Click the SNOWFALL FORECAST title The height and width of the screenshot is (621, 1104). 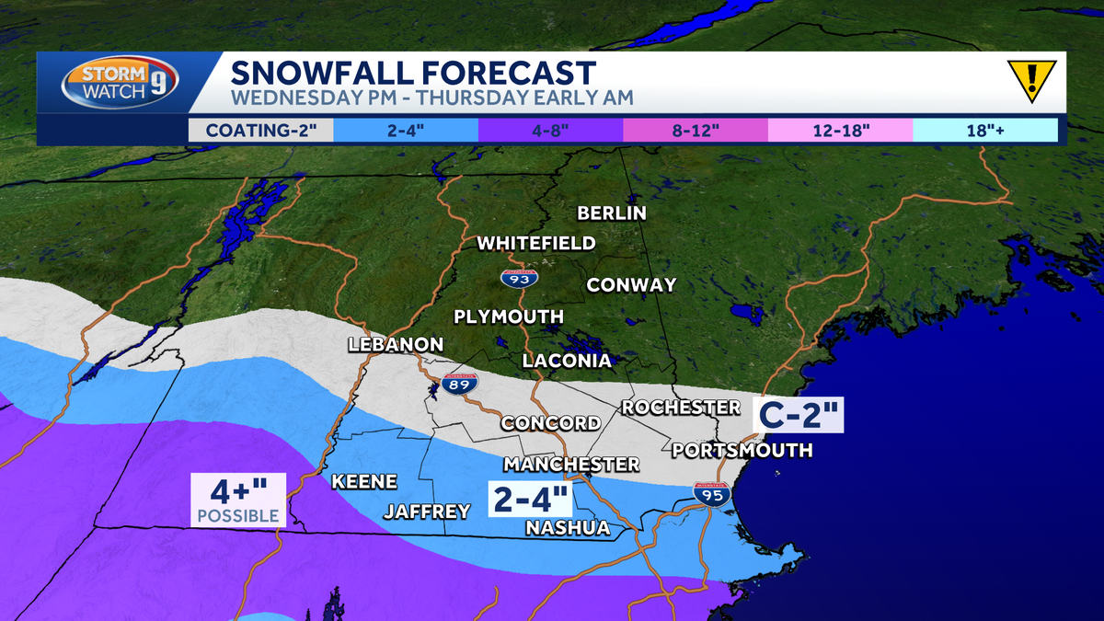click(413, 72)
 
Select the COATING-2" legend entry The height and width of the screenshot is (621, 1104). click(260, 130)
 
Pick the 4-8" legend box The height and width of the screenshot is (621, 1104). click(550, 130)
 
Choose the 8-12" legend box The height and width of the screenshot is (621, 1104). click(696, 130)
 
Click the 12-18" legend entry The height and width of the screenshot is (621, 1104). click(840, 130)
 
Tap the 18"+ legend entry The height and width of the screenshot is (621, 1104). click(985, 130)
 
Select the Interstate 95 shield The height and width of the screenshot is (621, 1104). click(712, 494)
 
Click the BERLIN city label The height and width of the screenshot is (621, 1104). click(612, 213)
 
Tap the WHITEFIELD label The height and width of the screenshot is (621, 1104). click(536, 244)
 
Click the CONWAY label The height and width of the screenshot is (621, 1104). click(631, 285)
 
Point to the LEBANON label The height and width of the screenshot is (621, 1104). click(396, 344)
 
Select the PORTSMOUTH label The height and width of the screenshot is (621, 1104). click(742, 450)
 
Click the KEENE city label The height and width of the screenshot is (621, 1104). click(364, 481)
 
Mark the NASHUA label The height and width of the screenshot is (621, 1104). click(568, 528)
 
